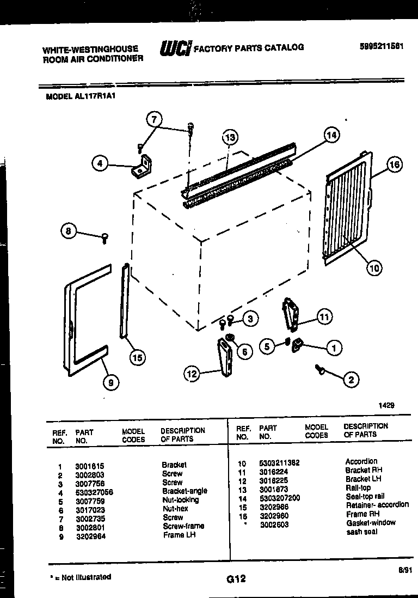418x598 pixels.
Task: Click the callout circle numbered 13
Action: (x=230, y=137)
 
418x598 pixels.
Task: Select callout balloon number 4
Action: (x=100, y=163)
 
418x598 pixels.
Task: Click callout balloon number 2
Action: (x=351, y=380)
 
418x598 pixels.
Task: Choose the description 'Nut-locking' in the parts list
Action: (x=181, y=500)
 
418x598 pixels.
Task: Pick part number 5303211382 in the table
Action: (x=279, y=463)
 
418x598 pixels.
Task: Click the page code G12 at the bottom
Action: (x=237, y=580)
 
